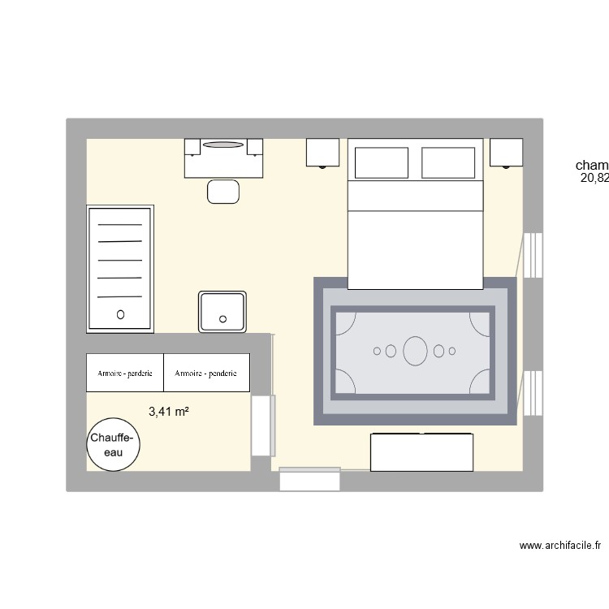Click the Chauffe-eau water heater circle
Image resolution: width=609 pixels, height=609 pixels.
point(113,445)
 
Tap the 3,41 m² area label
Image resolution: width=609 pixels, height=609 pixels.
point(169,412)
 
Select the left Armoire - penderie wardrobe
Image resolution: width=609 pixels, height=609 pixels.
point(125,374)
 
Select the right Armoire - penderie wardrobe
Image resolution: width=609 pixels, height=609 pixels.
point(207,374)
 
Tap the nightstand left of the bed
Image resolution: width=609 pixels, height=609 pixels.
point(322,152)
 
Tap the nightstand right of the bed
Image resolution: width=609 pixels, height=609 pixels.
point(507,152)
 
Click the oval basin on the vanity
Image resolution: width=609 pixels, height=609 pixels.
point(223,145)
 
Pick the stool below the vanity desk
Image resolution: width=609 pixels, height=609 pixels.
point(223,192)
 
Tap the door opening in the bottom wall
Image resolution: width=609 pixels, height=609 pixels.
point(309,479)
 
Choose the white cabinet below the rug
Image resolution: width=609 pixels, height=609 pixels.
point(421,452)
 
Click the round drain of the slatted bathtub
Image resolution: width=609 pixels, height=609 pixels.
point(121,313)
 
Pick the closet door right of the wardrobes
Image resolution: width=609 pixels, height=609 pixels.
point(262,425)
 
